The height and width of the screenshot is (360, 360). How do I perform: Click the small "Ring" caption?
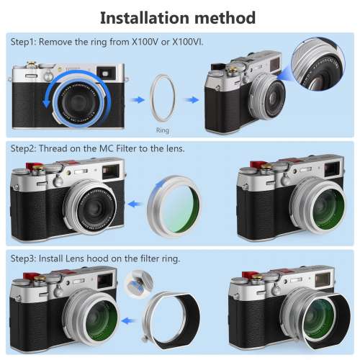(163, 131)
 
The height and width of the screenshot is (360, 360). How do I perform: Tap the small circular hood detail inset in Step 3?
(136, 284)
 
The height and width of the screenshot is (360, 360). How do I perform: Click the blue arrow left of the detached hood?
(130, 317)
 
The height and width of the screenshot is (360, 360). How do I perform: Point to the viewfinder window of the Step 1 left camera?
(107, 73)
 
